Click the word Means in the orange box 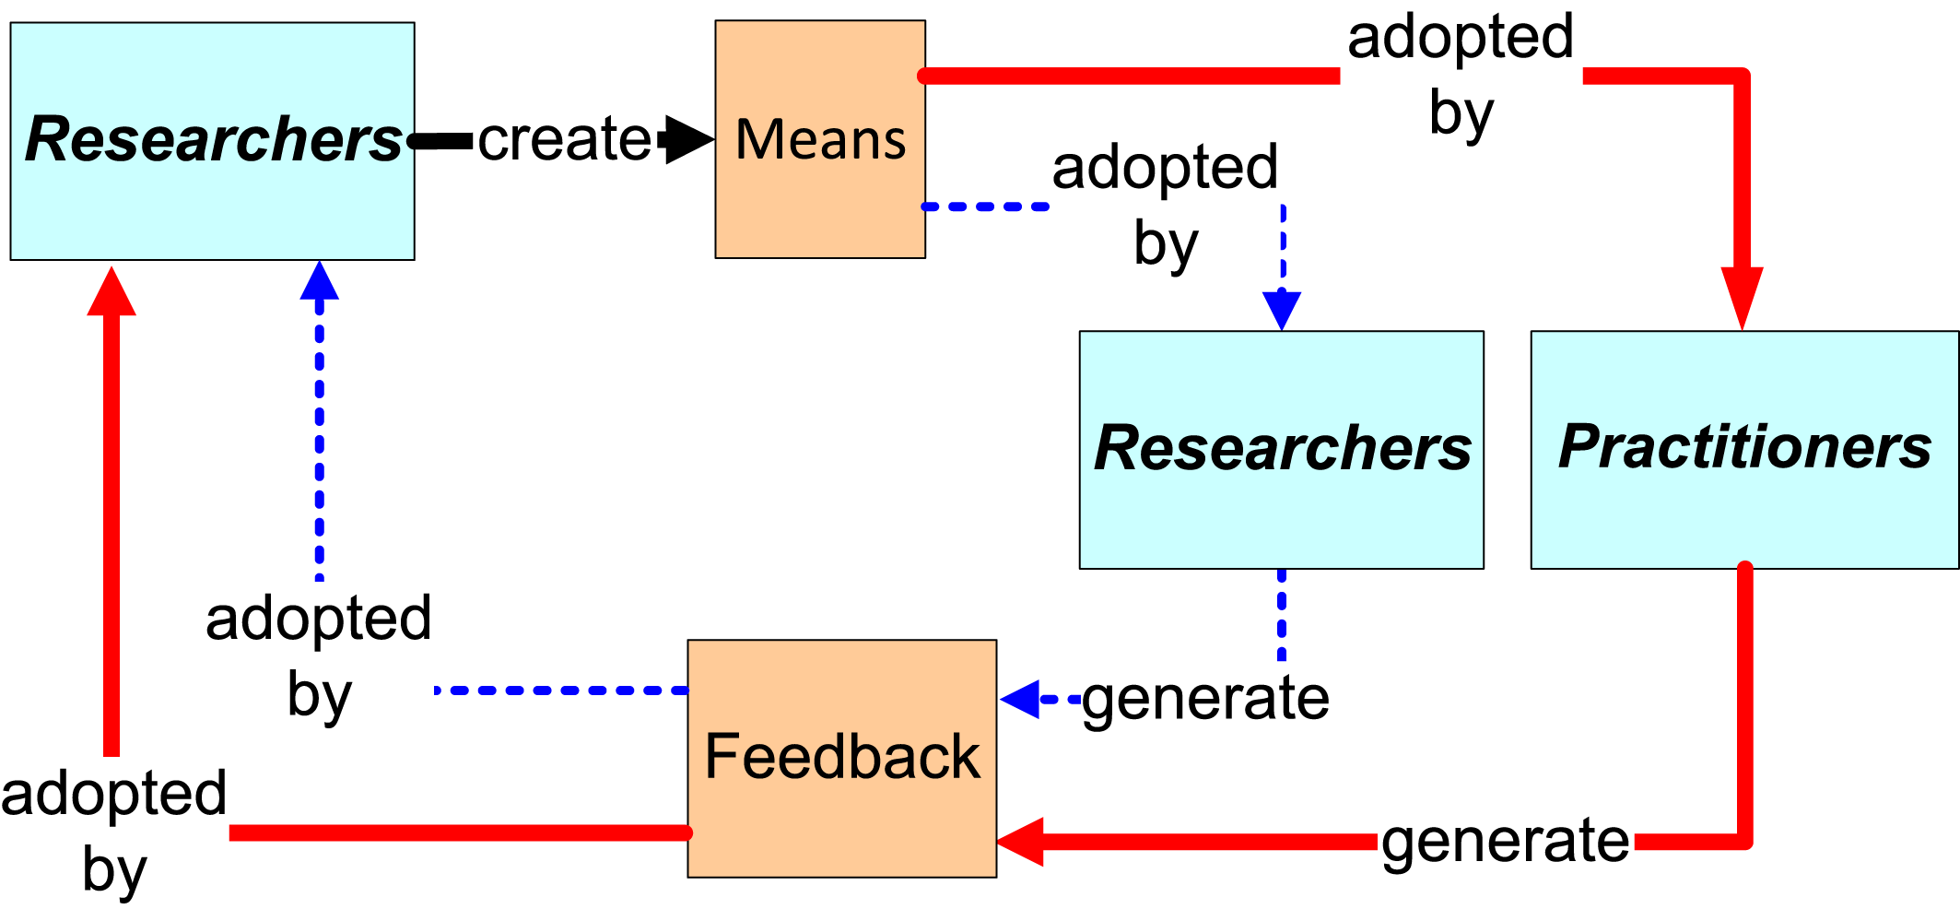[x=820, y=140]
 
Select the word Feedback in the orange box [x=841, y=757]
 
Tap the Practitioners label [x=1744, y=447]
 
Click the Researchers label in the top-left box [x=214, y=139]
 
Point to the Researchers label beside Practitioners [x=1282, y=448]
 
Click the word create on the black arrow [x=564, y=139]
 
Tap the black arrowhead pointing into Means [x=687, y=140]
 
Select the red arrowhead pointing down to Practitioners [x=1742, y=295]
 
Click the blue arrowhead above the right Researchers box [x=1282, y=309]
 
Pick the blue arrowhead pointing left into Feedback [x=1021, y=699]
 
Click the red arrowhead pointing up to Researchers [x=111, y=293]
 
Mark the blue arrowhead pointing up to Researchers [x=320, y=281]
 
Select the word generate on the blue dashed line [x=1205, y=698]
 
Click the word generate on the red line [x=1505, y=841]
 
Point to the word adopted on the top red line [x=1461, y=38]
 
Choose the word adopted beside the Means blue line [x=1165, y=168]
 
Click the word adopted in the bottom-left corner [x=113, y=794]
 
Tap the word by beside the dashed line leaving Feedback [x=319, y=694]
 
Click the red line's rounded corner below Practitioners [x=1743, y=839]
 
